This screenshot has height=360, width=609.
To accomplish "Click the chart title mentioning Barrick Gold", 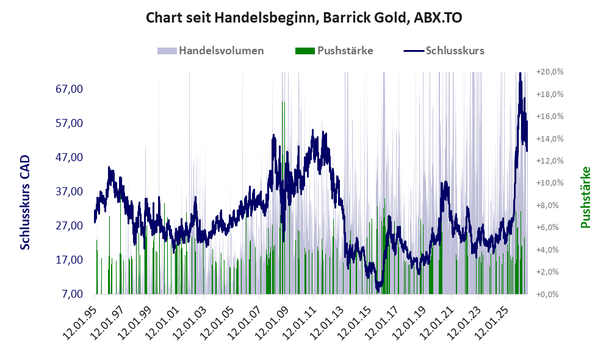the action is coord(304,18).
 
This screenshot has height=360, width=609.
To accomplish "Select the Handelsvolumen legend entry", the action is coord(211,51).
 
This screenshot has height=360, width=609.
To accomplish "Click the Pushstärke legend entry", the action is coord(334,51).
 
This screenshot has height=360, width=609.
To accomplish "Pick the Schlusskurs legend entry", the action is coord(444,51).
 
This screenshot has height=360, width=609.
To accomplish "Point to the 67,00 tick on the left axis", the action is coord(69,89).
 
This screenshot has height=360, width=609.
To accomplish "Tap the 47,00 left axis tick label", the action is coord(69,157).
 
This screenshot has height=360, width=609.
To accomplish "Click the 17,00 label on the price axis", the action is coord(69,259).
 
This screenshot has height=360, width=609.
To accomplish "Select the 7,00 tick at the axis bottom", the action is coord(72,293).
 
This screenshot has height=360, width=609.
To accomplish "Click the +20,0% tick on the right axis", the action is coord(550,72).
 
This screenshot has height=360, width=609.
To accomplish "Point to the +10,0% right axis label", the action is coord(550,183).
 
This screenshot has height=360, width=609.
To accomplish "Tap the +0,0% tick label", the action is coord(547,294).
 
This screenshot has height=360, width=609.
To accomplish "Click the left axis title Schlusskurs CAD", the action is coord(25,203).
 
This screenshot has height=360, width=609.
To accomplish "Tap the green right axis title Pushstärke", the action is coord(586,197).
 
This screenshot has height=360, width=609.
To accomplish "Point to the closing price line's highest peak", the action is coord(520,73).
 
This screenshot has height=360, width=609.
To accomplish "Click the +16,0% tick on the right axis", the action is coord(550,116).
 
